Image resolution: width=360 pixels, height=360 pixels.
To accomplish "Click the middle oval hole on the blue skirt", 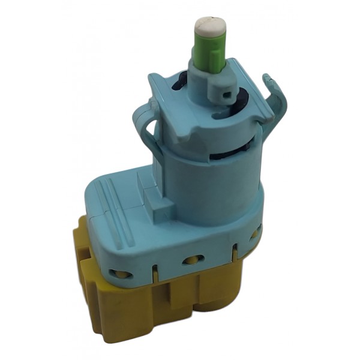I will tap(193, 260).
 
